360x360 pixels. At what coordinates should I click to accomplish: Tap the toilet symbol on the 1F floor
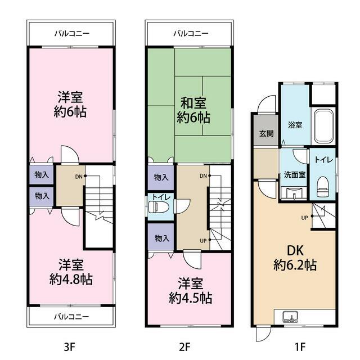[323, 186]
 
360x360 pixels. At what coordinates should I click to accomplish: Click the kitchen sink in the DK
[290, 317]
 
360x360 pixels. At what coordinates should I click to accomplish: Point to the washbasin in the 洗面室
[294, 192]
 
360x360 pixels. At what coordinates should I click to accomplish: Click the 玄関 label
[266, 133]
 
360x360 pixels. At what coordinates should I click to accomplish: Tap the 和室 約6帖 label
[193, 110]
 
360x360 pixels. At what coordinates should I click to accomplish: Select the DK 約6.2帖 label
[295, 258]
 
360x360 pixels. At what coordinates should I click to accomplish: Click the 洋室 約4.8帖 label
[71, 272]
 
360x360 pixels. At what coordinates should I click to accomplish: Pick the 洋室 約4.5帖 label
[190, 291]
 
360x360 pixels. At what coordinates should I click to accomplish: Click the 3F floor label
[70, 346]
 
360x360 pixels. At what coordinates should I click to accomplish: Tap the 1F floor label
[300, 346]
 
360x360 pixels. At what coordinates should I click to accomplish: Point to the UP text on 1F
[304, 218]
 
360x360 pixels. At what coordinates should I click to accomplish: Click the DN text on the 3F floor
[79, 177]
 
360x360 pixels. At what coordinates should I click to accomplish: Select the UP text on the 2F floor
[203, 241]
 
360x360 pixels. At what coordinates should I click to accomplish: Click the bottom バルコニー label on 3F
[71, 317]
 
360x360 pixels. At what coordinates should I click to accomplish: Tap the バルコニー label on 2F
[191, 34]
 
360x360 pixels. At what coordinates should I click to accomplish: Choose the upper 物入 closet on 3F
[42, 175]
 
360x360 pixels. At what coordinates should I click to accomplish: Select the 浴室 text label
[295, 125]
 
